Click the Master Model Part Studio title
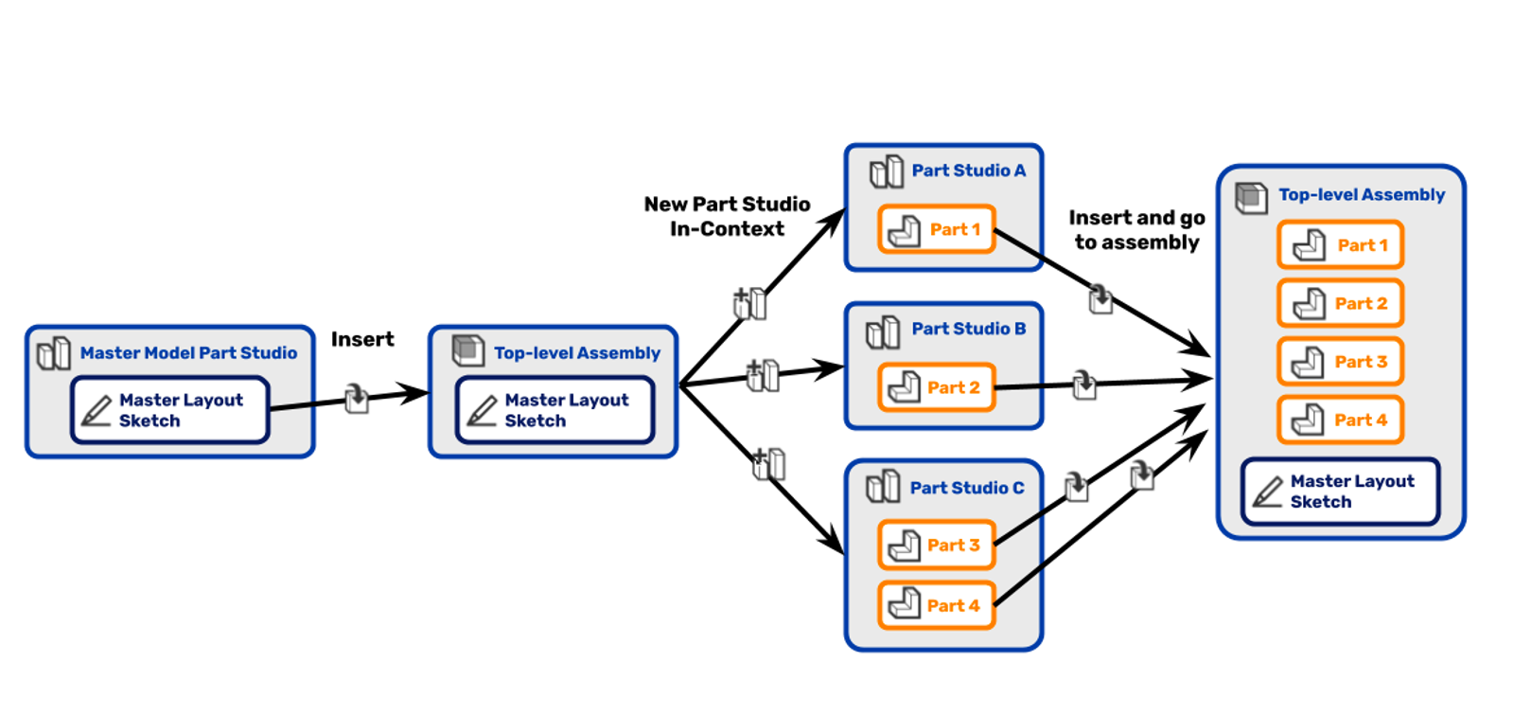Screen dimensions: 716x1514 point(188,353)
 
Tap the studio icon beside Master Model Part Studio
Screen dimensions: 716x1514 point(54,353)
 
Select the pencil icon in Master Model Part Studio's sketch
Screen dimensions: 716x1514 point(97,410)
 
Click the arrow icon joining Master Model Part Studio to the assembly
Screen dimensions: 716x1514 point(356,397)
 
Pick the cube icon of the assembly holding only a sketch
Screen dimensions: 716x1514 point(468,350)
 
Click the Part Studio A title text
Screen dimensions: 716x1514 point(968,171)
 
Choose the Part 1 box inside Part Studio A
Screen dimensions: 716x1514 point(937,229)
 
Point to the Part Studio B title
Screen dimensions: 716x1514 point(968,330)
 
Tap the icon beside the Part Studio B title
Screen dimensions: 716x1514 point(883,332)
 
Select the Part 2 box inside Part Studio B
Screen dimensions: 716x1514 point(937,387)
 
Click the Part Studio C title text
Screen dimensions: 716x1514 point(966,489)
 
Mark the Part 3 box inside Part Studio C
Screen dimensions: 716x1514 point(937,545)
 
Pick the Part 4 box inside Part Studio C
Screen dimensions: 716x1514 point(937,605)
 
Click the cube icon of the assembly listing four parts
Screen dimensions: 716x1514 point(1251,197)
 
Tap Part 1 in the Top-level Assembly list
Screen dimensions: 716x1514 point(1340,245)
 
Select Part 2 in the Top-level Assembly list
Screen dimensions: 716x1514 point(1340,304)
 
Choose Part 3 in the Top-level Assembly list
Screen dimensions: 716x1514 point(1340,362)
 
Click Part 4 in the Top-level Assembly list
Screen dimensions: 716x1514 point(1340,421)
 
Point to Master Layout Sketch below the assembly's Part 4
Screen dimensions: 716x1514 point(1341,492)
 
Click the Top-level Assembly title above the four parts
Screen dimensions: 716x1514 point(1362,195)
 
